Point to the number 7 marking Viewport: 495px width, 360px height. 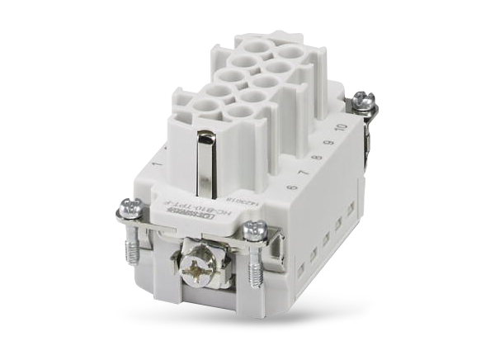pos(311,175)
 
